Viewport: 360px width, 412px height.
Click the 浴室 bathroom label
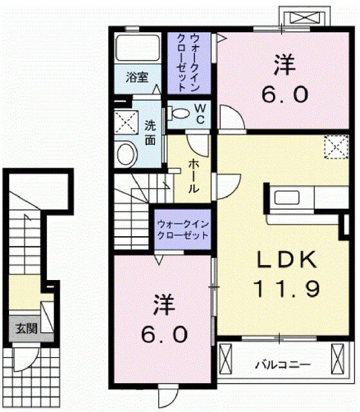click(x=137, y=78)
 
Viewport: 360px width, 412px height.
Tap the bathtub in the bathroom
click(x=137, y=50)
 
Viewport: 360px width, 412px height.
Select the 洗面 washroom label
click(x=149, y=132)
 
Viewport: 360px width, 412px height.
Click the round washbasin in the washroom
click(x=128, y=153)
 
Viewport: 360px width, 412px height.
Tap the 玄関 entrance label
click(x=26, y=328)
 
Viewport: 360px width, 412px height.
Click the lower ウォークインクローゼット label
click(x=183, y=230)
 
